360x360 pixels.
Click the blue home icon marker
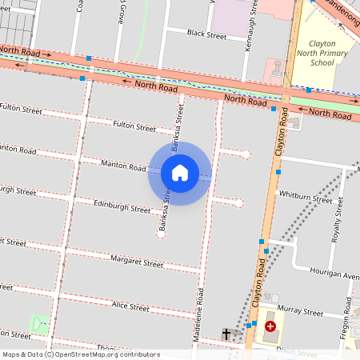point(180,173)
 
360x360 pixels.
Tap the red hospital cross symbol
point(270,326)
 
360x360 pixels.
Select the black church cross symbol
point(226,334)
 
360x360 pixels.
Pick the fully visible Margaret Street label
point(137,262)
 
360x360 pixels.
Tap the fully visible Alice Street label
point(130,306)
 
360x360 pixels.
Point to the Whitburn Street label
point(305,198)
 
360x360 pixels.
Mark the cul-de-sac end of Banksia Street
point(161,234)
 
